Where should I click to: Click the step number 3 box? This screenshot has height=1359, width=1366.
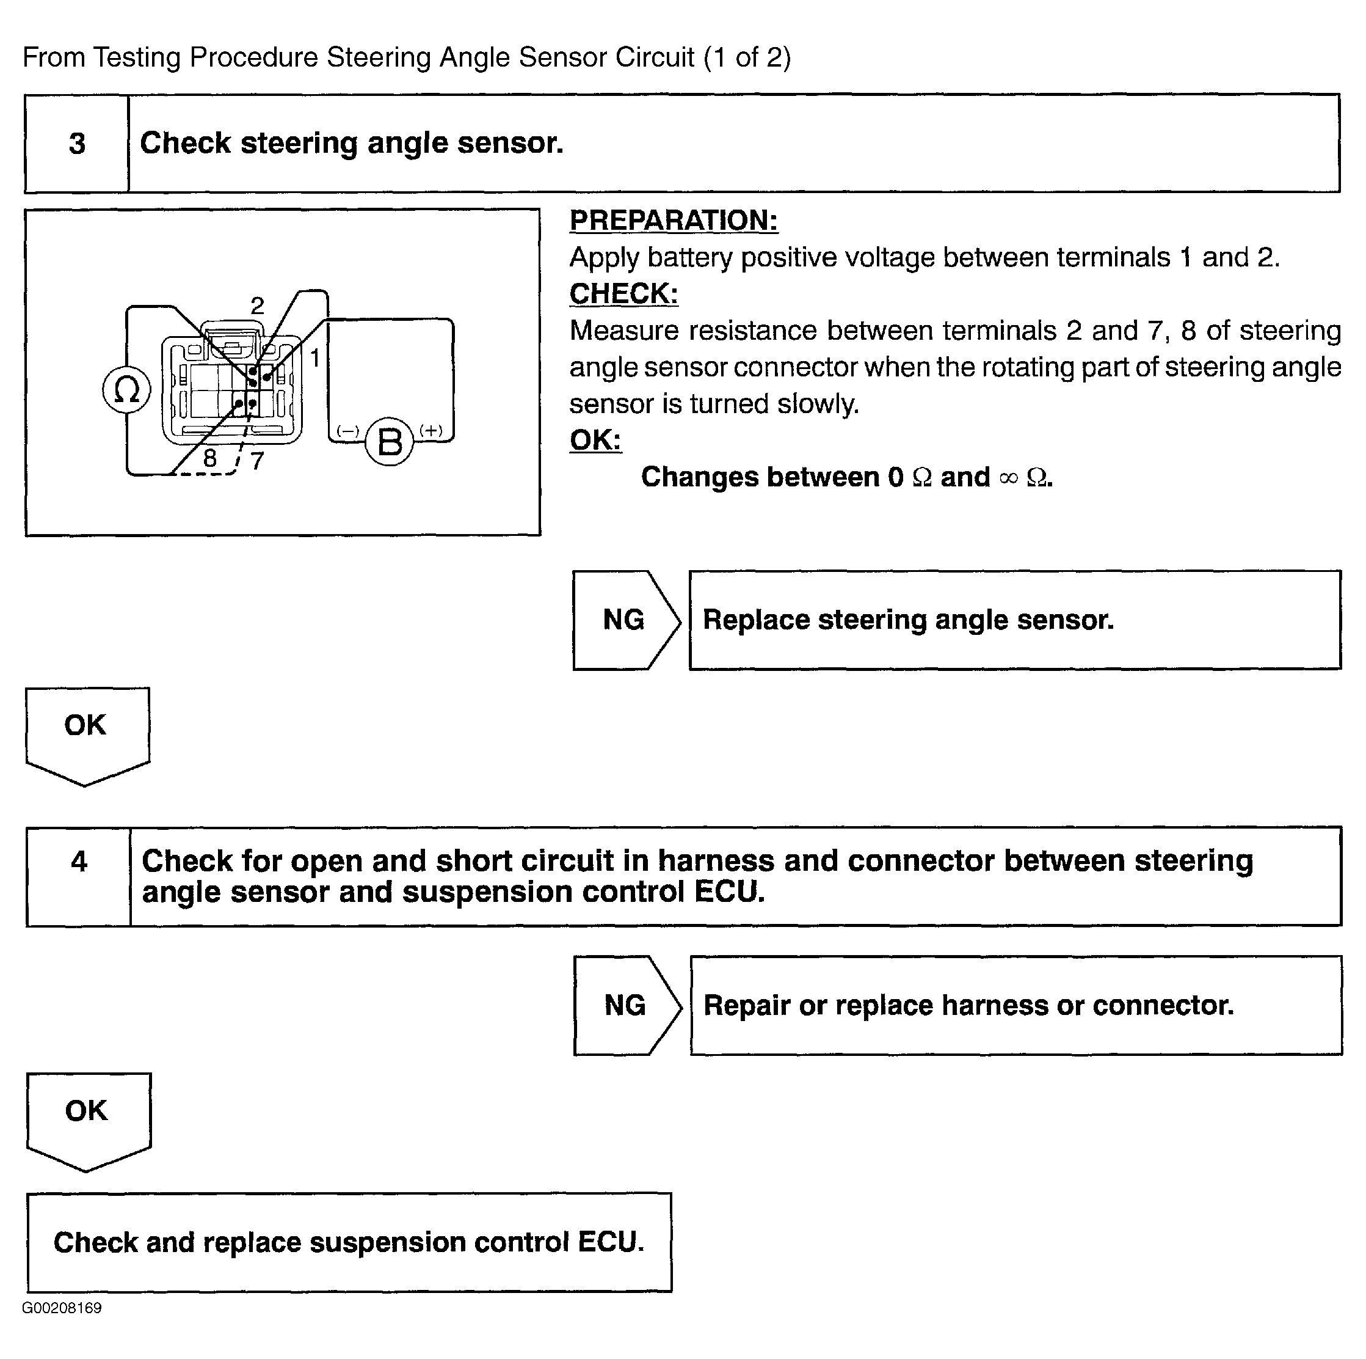click(x=77, y=144)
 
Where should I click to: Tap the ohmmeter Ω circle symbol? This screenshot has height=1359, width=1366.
click(x=126, y=390)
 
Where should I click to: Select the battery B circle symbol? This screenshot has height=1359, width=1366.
click(x=390, y=442)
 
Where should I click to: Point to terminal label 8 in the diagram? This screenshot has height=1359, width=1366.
click(x=210, y=458)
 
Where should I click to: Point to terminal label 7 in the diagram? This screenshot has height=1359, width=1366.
click(x=257, y=461)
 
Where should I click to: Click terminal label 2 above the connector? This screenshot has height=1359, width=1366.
click(x=257, y=306)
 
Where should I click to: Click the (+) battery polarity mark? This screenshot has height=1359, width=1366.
click(x=431, y=430)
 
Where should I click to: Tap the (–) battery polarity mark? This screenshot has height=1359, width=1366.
click(x=348, y=430)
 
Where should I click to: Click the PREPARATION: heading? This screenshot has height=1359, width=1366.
click(x=674, y=221)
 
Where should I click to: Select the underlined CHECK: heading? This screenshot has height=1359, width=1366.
click(x=623, y=293)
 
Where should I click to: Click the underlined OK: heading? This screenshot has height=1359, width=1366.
click(x=595, y=440)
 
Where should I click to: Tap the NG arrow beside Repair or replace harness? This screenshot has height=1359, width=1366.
click(x=627, y=1005)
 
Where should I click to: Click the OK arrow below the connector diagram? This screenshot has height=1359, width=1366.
click(x=86, y=732)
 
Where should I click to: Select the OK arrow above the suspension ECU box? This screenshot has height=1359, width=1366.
click(x=88, y=1118)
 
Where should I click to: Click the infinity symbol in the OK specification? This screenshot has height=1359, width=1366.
click(x=1009, y=479)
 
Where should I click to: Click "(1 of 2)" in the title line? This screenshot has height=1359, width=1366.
click(x=747, y=57)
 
